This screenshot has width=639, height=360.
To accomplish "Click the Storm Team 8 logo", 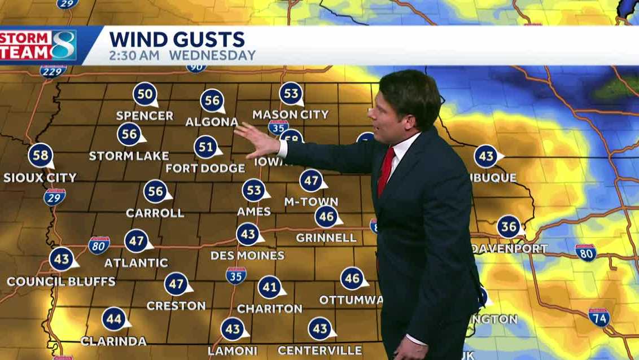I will coord(38,45).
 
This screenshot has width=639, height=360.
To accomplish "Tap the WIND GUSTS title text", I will coord(177,39).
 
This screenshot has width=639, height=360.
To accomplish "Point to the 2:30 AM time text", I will coord(134,56).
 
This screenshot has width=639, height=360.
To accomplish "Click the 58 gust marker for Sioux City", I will coord(41,156).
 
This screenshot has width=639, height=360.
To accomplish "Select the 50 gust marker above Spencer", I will coord(145,94).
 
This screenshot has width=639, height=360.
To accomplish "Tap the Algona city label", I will coord(212,122).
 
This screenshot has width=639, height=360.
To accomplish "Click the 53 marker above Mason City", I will coord(291,94).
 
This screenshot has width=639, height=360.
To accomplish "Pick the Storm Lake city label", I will coord(129,156).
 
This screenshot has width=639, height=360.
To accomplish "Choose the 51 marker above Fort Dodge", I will coord(206,147).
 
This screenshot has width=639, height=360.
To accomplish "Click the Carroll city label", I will coord(155,213).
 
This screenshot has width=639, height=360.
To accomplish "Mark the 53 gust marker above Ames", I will coord(254,190).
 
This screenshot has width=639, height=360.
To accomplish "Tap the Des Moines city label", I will coord(247,256).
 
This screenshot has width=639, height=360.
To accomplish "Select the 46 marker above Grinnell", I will coord(326,217).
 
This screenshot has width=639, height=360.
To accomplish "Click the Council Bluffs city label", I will coord(61,281).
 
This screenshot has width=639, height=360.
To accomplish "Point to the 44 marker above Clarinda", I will coord(114,319).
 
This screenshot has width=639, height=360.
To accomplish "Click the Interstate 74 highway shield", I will coord(599,317).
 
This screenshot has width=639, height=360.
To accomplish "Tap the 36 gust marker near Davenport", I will coord(509,227).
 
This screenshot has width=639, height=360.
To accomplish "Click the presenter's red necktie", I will coord(386,170).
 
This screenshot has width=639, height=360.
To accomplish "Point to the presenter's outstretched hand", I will coord(257,139).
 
